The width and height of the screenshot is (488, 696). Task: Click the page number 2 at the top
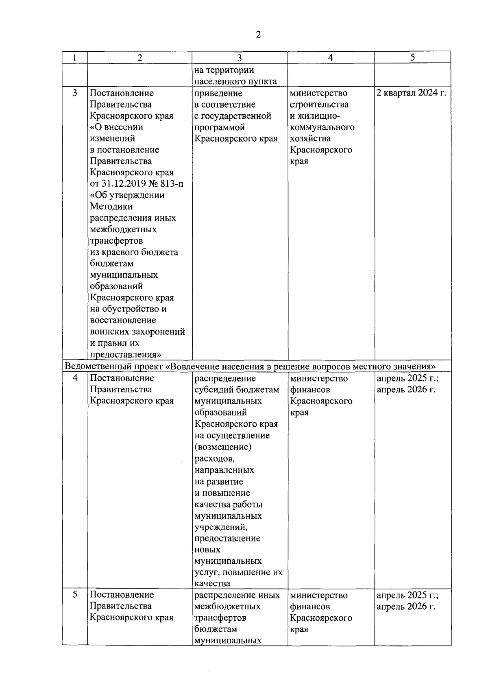click(x=258, y=35)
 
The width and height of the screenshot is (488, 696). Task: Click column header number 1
click(x=74, y=57)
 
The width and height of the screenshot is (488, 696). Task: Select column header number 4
click(x=330, y=57)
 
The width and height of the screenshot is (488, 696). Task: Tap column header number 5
click(x=412, y=57)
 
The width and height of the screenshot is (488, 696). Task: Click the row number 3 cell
click(x=75, y=93)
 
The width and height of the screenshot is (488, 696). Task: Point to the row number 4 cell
click(x=75, y=378)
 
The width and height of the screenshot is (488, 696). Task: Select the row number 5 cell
click(x=75, y=595)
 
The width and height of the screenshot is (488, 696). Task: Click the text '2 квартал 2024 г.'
click(x=411, y=93)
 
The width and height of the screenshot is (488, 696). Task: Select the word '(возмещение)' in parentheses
click(x=223, y=447)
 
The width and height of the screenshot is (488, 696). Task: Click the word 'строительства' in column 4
click(x=319, y=105)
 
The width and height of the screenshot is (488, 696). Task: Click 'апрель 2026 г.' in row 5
click(x=406, y=607)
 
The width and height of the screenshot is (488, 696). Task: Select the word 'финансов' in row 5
click(x=310, y=607)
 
